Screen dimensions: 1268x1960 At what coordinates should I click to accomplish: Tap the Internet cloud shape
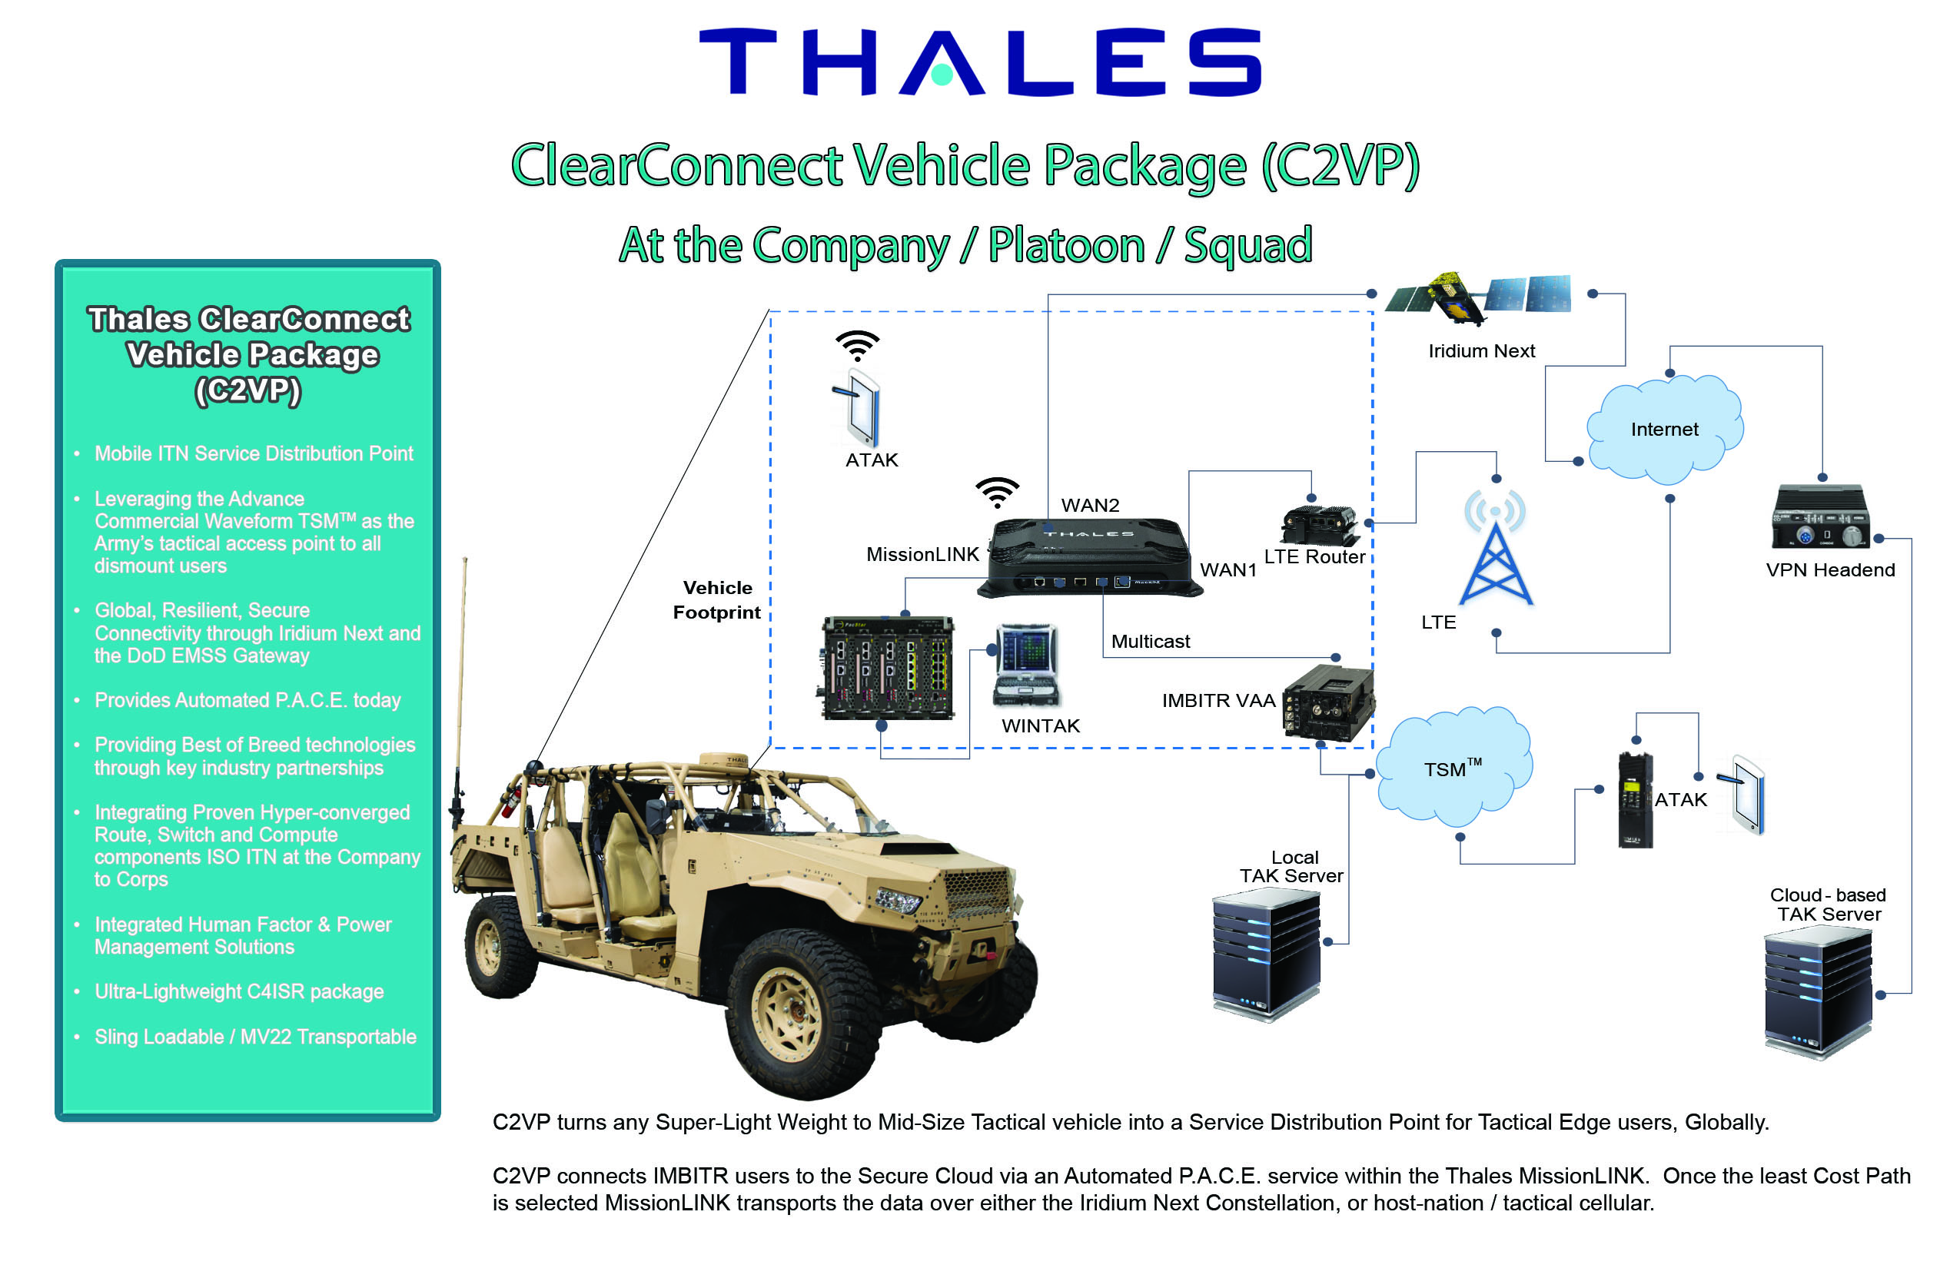click(1663, 428)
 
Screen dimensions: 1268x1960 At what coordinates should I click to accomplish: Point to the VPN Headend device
click(1820, 517)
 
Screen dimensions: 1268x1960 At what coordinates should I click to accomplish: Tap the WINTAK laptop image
click(1026, 666)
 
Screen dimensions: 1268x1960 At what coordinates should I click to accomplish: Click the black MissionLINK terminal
click(1088, 558)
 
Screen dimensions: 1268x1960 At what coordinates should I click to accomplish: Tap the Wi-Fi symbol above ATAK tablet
click(857, 345)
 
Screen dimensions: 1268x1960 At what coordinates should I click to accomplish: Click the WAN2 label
click(1090, 505)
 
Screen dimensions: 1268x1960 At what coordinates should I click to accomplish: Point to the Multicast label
click(1150, 642)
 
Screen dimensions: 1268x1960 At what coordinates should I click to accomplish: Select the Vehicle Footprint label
click(716, 600)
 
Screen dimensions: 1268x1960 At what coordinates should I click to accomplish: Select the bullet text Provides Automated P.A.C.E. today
click(247, 700)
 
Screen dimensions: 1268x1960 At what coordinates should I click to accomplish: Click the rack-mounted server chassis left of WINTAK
click(888, 668)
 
